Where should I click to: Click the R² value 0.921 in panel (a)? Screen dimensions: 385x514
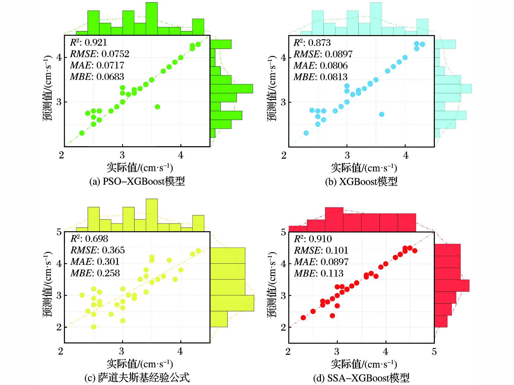[96, 42]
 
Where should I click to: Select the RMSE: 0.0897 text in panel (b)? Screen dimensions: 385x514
[323, 54]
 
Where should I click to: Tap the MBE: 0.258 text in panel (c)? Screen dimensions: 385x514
[95, 273]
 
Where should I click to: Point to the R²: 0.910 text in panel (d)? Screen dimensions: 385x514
[313, 239]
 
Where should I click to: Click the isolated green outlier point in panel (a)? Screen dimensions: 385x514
[157, 107]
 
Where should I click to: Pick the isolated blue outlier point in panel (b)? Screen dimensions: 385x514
[382, 114]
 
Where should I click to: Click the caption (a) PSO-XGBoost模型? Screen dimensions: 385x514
[137, 181]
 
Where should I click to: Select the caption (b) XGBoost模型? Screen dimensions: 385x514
[361, 181]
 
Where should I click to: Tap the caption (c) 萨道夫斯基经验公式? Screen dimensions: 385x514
[137, 378]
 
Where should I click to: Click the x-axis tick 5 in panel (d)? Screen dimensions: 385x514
[434, 352]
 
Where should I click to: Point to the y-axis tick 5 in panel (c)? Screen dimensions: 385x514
[59, 232]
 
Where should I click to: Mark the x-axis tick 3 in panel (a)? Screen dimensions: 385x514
[122, 155]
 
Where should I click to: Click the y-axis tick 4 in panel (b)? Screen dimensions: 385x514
[283, 58]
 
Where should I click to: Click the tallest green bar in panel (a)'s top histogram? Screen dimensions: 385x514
[151, 18]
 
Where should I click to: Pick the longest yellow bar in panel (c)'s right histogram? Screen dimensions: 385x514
[232, 303]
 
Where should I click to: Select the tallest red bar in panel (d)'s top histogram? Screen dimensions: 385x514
[334, 219]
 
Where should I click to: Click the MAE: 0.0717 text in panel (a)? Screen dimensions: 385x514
[97, 65]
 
